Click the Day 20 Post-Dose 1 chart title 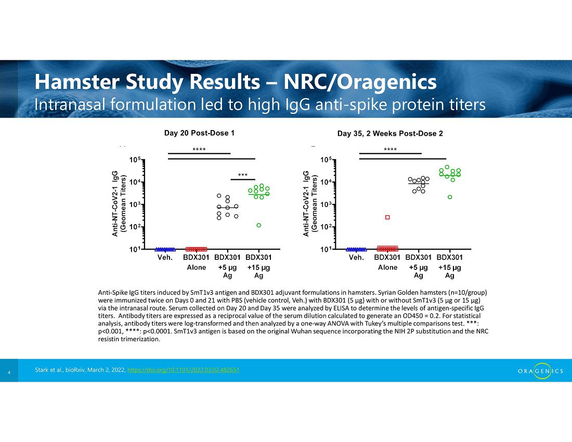(x=199, y=133)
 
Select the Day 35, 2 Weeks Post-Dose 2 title (x=390, y=134)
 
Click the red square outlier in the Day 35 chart (x=387, y=217)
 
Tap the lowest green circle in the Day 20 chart (x=258, y=225)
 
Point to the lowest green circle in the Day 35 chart (x=450, y=197)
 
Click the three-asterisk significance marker (x=243, y=175)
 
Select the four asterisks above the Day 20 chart (x=199, y=150)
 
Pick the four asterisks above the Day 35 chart (x=391, y=150)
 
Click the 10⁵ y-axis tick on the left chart (x=135, y=160)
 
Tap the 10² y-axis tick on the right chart (x=326, y=227)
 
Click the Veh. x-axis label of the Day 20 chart (x=165, y=257)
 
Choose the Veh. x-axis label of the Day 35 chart (x=356, y=257)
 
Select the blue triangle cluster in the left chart (x=165, y=250)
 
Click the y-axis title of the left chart (x=119, y=203)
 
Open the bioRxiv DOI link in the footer (x=184, y=370)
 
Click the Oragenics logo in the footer (x=540, y=371)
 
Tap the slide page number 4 (x=9, y=372)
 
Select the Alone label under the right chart (x=387, y=268)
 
